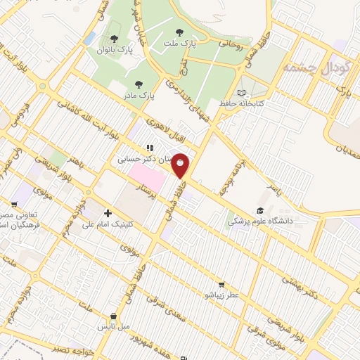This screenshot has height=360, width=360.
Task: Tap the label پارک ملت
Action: [x=181, y=44]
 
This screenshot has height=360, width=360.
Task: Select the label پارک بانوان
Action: [x=115, y=50]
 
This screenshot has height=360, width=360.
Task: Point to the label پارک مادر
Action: [x=139, y=94]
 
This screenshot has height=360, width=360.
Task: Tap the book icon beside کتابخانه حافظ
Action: [x=242, y=92]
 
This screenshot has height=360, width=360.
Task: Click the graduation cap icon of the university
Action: [x=259, y=210]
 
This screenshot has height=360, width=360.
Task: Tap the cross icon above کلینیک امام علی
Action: [x=108, y=213]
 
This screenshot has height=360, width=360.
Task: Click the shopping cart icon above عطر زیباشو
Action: [x=222, y=285]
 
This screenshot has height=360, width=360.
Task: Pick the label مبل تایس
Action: [x=113, y=328]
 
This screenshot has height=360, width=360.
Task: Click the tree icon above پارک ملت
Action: [x=180, y=32]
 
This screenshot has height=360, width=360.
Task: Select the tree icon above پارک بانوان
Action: [x=115, y=39]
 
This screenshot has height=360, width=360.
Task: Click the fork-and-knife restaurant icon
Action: [x=149, y=148]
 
